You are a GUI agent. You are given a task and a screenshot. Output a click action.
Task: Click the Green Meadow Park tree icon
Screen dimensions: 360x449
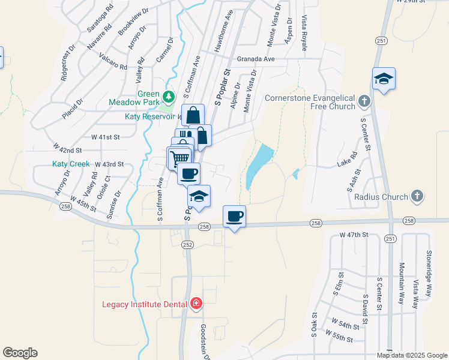pyautogui.click(x=169, y=96)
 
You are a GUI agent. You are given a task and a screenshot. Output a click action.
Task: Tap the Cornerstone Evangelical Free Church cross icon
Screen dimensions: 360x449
pyautogui.click(x=364, y=101)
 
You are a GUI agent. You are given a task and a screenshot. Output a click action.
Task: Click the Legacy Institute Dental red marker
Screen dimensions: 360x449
pyautogui.click(x=195, y=304)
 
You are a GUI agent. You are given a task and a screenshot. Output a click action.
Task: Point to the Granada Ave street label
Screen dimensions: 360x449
pyautogui.click(x=255, y=59)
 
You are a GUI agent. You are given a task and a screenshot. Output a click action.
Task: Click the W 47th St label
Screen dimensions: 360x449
pyautogui.click(x=353, y=235)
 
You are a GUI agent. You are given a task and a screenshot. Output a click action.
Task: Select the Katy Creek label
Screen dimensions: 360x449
pyautogui.click(x=71, y=164)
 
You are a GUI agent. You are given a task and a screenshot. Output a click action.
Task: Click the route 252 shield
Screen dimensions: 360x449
pyautogui.click(x=188, y=244)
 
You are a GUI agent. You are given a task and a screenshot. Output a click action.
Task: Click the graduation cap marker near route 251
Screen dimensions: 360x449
pyautogui.click(x=384, y=79)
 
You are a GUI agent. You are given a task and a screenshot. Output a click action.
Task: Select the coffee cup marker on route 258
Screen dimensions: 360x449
pyautogui.click(x=234, y=216)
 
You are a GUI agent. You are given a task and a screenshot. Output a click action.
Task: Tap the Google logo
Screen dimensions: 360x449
pyautogui.click(x=20, y=353)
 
